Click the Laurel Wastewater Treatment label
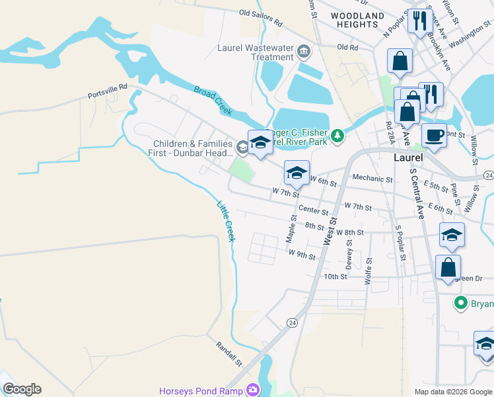(x=256, y=52)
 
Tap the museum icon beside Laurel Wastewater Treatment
(x=303, y=50)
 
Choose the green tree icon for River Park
(x=337, y=136)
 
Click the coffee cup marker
(x=433, y=136)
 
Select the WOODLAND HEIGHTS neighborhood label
(x=357, y=20)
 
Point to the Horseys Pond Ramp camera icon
(x=252, y=390)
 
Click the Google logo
(x=22, y=389)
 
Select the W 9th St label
(x=302, y=255)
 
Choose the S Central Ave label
(x=416, y=193)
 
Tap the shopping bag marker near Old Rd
(x=400, y=62)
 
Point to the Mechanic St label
(x=372, y=179)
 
